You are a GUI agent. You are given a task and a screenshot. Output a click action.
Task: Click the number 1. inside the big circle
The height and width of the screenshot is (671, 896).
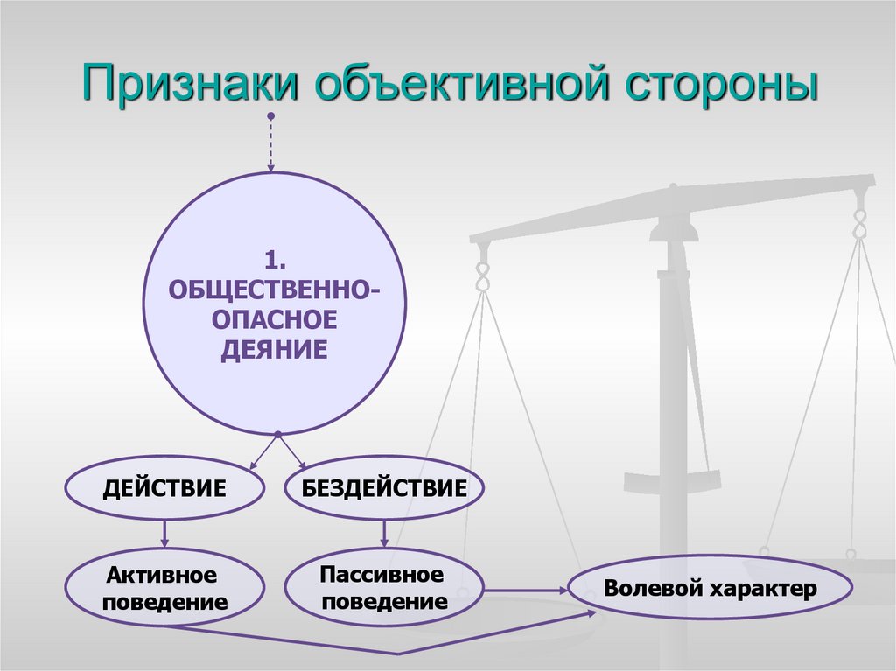click(x=275, y=260)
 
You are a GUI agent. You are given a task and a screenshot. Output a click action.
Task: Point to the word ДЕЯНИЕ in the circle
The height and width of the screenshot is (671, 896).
click(x=275, y=351)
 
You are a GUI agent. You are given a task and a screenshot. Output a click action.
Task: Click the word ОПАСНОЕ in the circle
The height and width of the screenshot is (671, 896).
click(x=275, y=320)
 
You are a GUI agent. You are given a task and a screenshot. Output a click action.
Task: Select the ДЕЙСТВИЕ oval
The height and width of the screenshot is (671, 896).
click(x=164, y=488)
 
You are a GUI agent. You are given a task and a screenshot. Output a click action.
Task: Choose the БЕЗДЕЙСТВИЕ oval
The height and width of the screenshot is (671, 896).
click(x=384, y=488)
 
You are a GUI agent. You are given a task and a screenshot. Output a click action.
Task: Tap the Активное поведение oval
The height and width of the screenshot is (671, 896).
click(x=164, y=588)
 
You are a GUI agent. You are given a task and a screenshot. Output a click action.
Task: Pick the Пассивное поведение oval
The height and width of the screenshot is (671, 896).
click(x=384, y=588)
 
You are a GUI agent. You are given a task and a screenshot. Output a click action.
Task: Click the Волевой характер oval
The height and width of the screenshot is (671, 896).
click(x=710, y=588)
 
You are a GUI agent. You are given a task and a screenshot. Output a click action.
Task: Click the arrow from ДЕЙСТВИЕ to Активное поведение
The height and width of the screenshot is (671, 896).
click(x=164, y=534)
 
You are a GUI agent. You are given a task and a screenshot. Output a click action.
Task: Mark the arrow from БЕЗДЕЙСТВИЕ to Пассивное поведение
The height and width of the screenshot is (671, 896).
click(x=384, y=533)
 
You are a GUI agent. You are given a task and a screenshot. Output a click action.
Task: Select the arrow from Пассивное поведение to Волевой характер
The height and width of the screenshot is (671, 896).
click(x=525, y=590)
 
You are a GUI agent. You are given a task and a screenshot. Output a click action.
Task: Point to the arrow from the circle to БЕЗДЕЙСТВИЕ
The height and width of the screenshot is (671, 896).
click(x=292, y=452)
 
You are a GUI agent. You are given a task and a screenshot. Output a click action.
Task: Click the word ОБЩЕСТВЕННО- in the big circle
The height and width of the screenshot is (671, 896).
click(x=275, y=290)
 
